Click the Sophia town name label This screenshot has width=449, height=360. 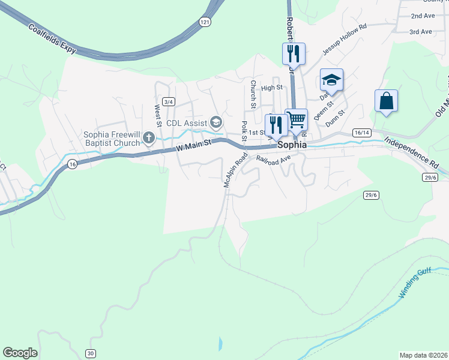(291, 145)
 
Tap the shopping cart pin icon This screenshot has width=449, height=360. (296, 119)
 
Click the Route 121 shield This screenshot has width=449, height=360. (206, 22)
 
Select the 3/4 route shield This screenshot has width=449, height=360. (169, 102)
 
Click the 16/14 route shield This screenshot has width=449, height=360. (361, 132)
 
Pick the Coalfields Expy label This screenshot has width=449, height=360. (52, 38)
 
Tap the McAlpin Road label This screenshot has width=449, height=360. (235, 170)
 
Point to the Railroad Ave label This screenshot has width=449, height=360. (273, 158)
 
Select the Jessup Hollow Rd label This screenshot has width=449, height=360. (345, 40)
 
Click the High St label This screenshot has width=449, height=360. (271, 88)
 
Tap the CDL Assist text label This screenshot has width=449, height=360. (186, 123)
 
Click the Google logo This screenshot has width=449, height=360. (20, 353)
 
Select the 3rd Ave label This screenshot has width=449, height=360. (421, 31)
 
